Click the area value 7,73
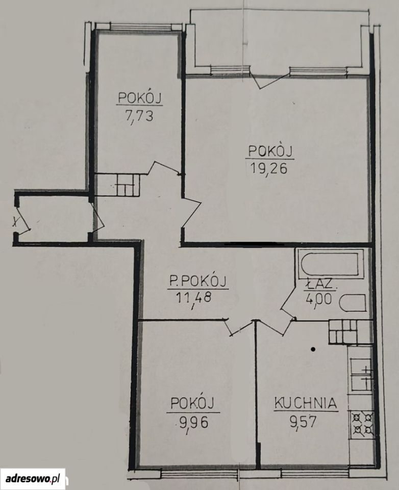point(139,116)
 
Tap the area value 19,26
point(269,168)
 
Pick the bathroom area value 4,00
point(319,299)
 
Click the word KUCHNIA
point(306,403)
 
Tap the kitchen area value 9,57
point(303,422)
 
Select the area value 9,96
point(194,423)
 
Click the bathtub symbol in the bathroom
point(331,263)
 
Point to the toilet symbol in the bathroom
point(353,303)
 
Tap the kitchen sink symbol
point(362,374)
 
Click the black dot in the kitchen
point(313,349)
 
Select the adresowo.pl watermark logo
point(33,478)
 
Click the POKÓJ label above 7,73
point(140,98)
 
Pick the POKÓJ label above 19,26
point(270,151)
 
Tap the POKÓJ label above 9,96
point(192,403)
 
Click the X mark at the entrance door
point(15,222)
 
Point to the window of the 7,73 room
point(138,27)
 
